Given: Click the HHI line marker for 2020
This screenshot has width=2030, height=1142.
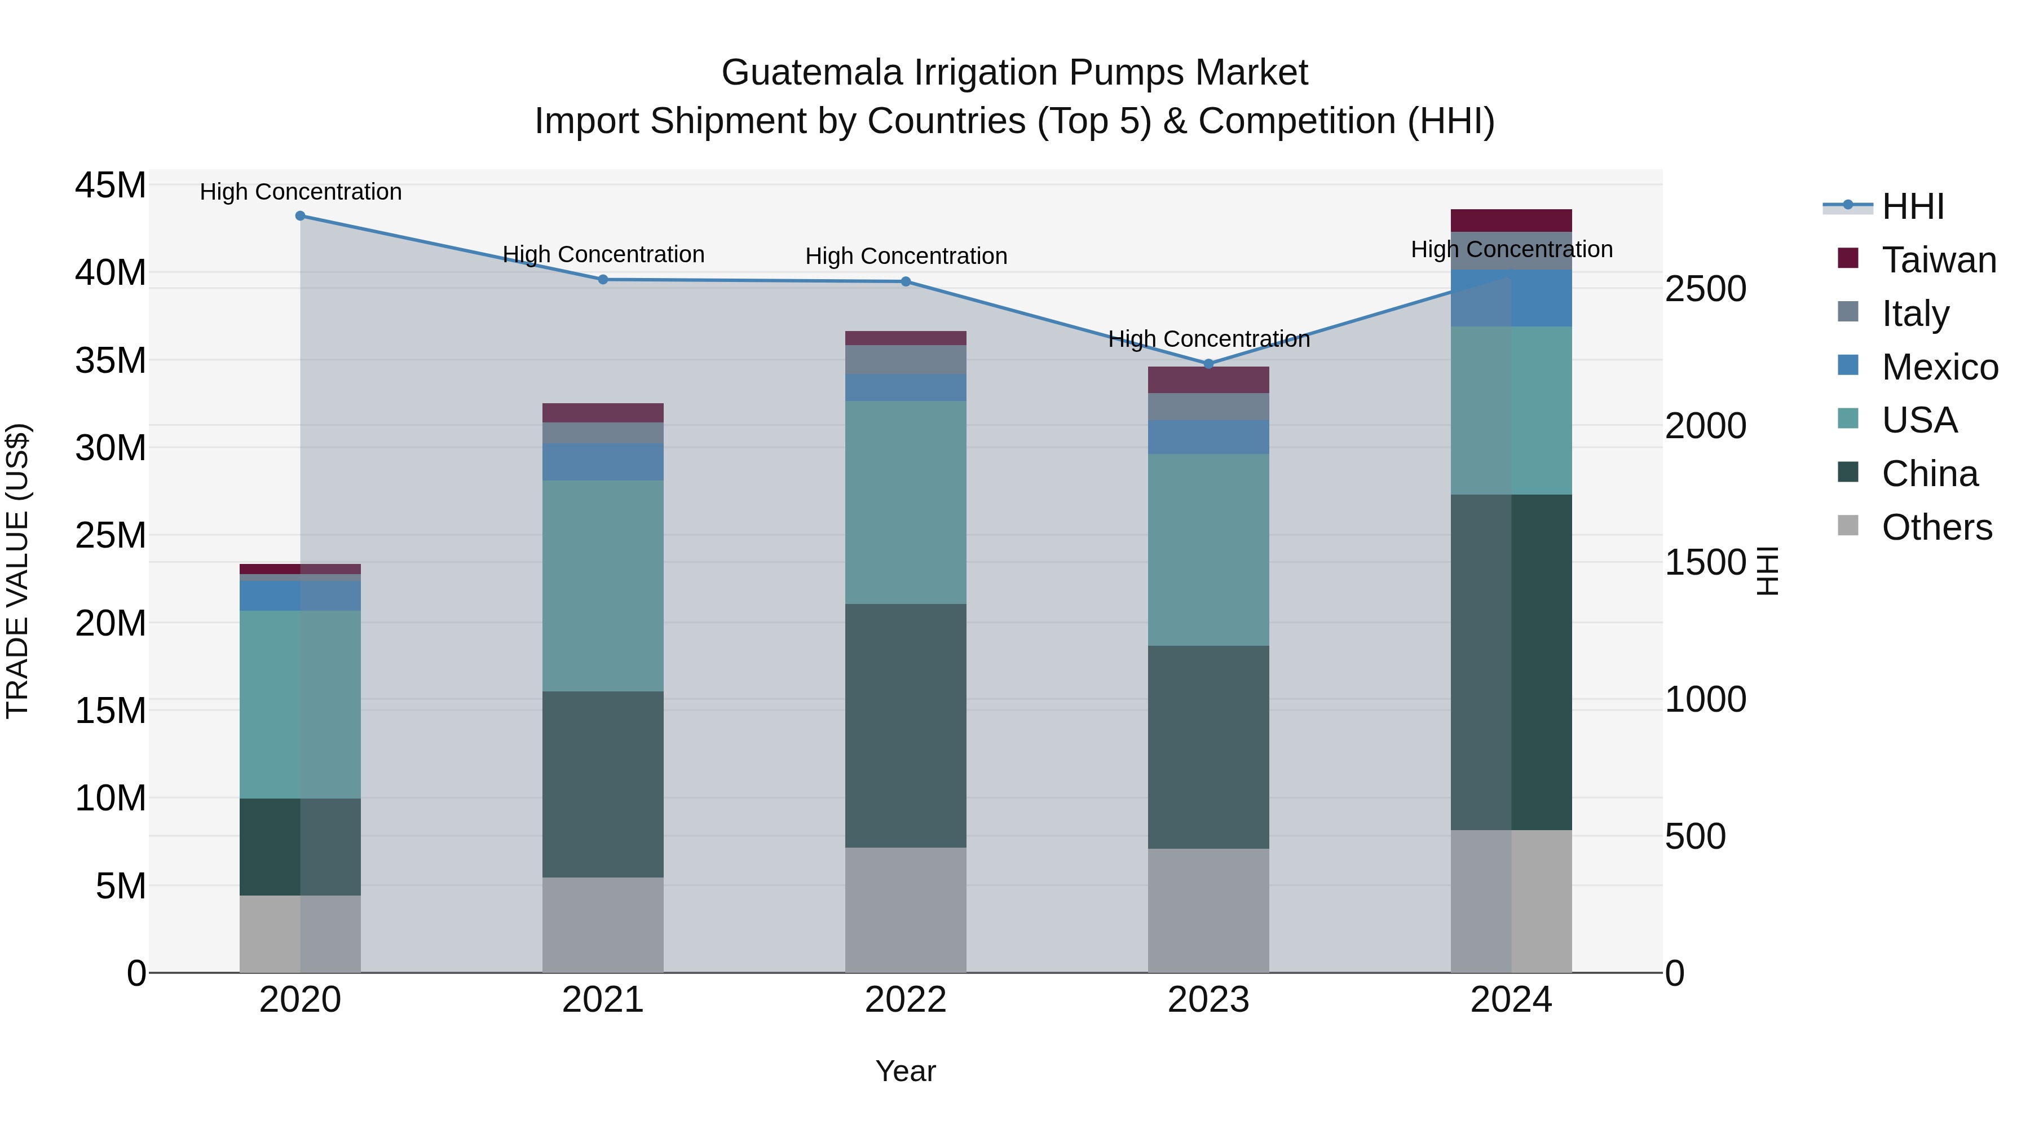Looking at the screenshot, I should coord(300,216).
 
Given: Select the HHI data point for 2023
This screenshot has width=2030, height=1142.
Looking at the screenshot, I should coord(1209,364).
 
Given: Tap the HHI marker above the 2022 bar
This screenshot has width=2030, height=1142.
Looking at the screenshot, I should coord(906,281).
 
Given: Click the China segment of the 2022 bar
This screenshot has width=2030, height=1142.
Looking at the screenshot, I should coord(906,725).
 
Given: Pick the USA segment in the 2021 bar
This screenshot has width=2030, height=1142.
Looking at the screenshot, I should coord(603,585).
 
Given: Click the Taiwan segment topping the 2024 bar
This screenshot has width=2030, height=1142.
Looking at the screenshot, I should coord(1511,221).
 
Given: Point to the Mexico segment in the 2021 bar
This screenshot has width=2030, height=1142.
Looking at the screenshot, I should coord(603,462).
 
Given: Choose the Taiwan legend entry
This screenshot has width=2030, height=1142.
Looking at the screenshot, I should coord(1939,260).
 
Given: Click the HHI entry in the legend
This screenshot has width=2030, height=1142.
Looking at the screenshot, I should coord(1913,206).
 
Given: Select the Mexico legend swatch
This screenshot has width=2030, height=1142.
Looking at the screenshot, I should coord(1848,365).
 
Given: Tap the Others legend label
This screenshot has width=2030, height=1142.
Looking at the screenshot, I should coord(1937,527).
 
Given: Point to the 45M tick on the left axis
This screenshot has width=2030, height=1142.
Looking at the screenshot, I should coord(111,186).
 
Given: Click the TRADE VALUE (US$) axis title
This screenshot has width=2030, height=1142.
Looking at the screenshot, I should coord(18,571).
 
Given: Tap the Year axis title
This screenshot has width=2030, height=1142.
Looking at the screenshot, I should coord(906,1071).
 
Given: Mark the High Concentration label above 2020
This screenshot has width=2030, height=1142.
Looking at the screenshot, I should coord(300,192).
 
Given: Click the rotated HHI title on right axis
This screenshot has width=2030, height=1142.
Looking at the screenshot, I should coord(1768,571).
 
